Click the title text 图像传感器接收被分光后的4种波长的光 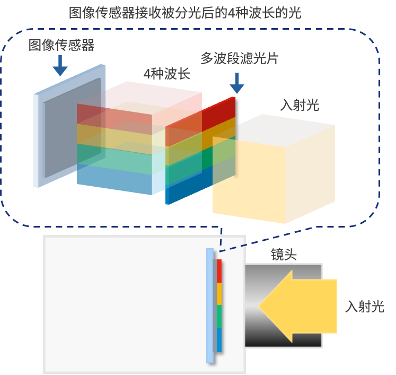tap(185, 13)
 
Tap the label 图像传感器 tap(61, 45)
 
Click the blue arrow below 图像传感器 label tap(60, 65)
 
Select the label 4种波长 tap(166, 74)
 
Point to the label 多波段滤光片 tap(240, 58)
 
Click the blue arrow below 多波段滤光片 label tap(237, 83)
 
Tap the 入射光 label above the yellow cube tap(300, 105)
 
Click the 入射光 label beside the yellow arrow tap(365, 307)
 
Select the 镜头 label tap(284, 254)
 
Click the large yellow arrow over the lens tap(298, 306)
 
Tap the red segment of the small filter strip tap(219, 271)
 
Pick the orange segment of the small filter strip tap(219, 294)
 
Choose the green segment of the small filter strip tap(219, 317)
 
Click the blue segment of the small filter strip tap(219, 340)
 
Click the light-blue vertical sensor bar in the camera tap(210, 306)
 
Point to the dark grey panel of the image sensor tap(72, 128)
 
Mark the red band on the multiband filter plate tap(200, 122)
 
